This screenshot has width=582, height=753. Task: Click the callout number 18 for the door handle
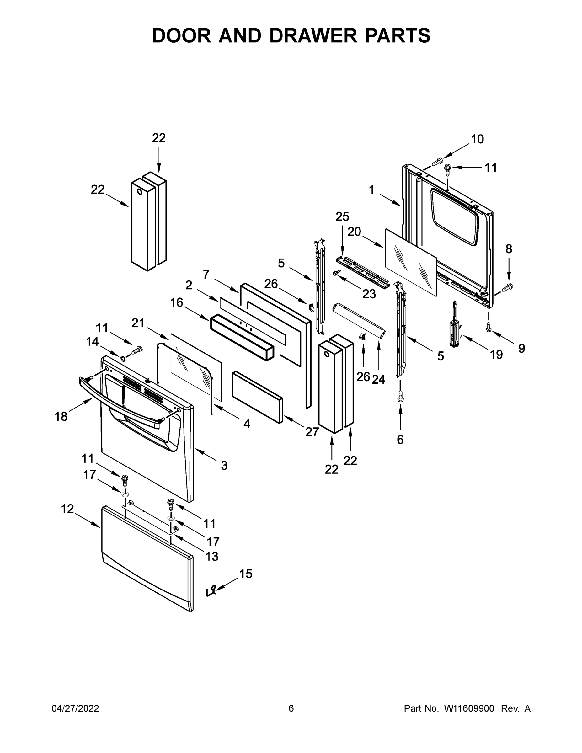(61, 416)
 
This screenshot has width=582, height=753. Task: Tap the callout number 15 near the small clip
(246, 574)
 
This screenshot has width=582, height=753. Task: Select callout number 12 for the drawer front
(67, 509)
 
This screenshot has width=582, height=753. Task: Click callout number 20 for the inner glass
(354, 232)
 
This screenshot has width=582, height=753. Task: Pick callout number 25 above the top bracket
(342, 216)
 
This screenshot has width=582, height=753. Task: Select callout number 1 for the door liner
(371, 190)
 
